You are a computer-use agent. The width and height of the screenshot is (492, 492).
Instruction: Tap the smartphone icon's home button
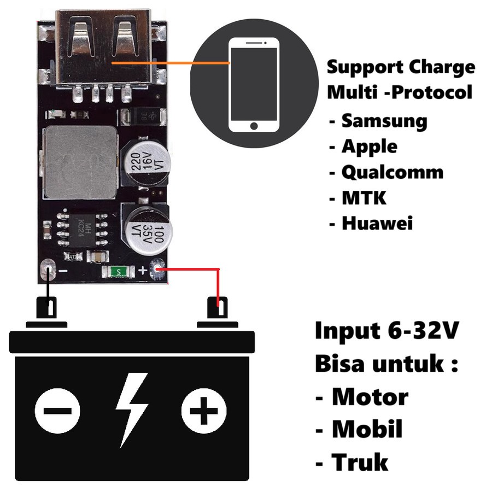254,126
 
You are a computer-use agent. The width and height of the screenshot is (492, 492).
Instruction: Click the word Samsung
384,121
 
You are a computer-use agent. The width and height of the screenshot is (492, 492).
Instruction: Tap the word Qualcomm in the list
392,172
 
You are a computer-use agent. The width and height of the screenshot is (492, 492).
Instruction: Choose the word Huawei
377,223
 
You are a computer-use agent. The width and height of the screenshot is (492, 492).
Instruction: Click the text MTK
364,197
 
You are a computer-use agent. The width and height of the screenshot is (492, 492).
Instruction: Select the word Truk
360,462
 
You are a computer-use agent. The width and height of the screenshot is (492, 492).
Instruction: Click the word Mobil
367,430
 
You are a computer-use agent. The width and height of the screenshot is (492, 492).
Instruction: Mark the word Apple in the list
369,147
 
